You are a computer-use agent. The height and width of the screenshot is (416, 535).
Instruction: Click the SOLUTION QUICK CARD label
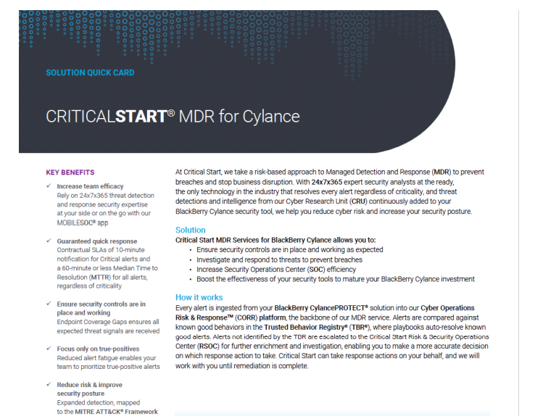tap(90, 72)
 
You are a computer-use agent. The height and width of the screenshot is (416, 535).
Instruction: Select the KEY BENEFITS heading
tap(70, 172)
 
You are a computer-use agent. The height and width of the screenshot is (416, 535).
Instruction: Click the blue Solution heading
tap(191, 230)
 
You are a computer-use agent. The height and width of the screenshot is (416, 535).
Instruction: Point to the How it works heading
tap(199, 297)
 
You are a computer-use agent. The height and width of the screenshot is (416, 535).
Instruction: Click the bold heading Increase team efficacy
tap(91, 186)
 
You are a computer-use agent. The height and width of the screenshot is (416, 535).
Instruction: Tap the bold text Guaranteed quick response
tap(97, 241)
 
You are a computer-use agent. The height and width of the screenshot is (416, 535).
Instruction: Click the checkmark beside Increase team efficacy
tap(48, 186)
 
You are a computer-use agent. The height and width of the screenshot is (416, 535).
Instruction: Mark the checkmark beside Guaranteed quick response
tap(48, 241)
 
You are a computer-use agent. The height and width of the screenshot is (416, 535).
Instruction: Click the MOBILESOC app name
tap(81, 222)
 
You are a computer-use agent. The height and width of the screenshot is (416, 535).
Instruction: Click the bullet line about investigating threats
tap(279, 259)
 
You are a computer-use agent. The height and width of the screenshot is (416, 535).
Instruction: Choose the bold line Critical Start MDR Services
tap(275, 240)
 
